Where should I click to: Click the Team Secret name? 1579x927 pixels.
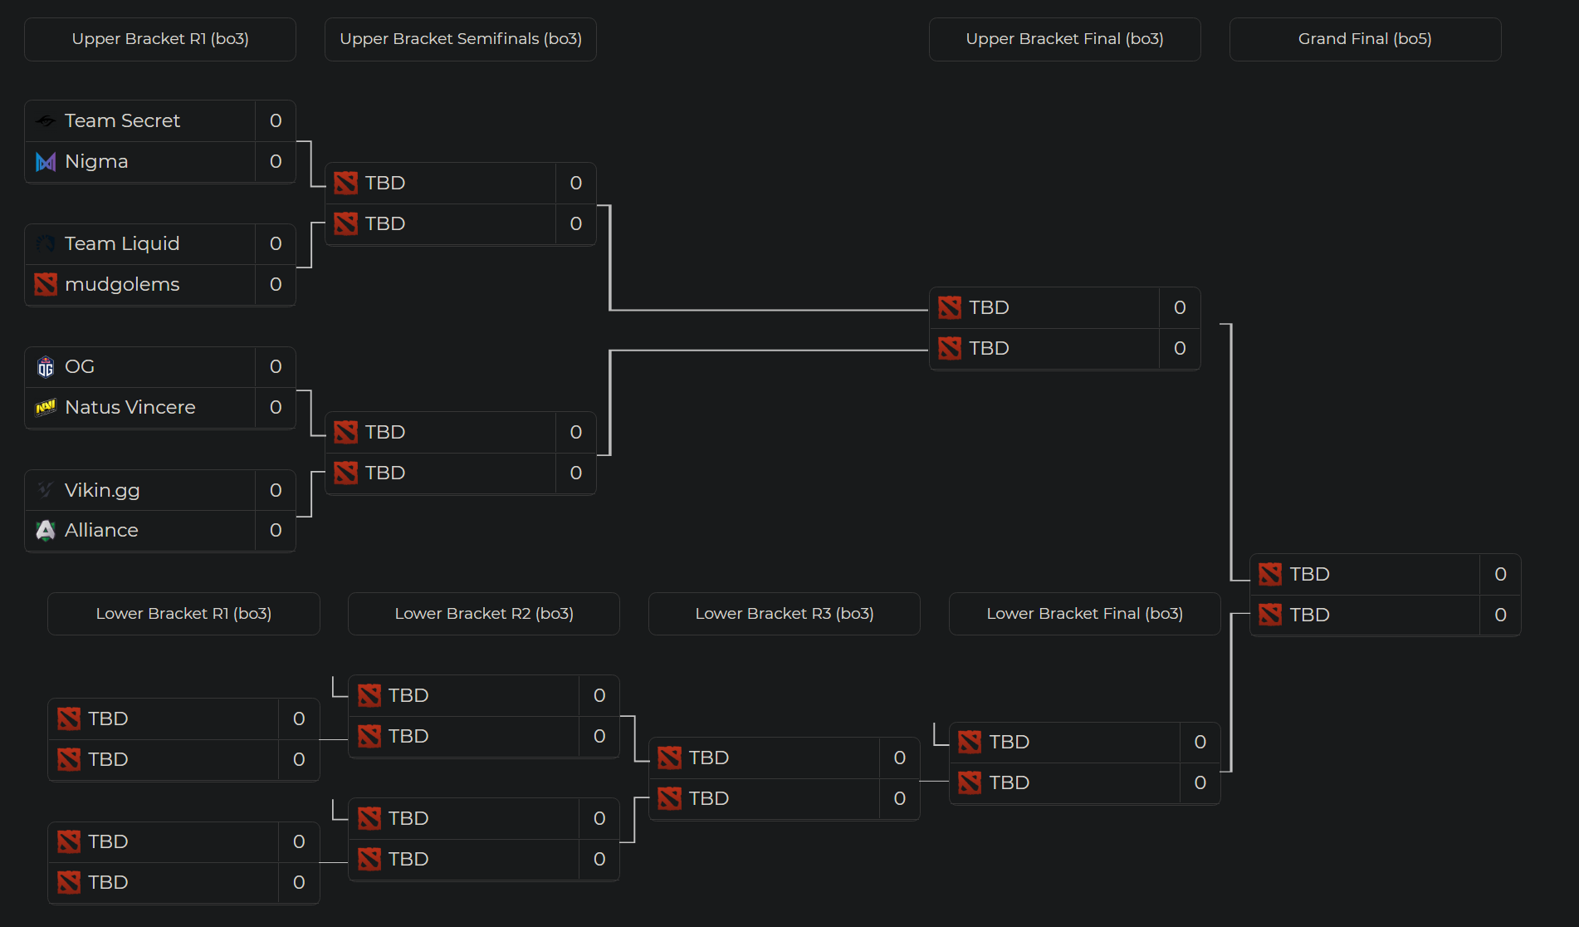122,120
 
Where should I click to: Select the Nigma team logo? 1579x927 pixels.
46,162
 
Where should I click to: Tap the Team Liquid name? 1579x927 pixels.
122,243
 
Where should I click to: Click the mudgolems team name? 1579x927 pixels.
122,284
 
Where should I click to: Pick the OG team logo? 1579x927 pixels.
46,366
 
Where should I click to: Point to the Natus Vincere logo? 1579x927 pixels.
46,407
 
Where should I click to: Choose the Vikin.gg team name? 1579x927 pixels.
102,490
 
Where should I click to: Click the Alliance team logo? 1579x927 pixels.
46,530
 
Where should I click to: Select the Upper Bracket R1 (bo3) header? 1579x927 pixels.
160,39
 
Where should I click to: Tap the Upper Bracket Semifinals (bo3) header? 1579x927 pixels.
461,39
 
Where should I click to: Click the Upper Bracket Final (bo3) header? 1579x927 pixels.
1064,39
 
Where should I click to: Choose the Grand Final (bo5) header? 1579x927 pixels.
1365,39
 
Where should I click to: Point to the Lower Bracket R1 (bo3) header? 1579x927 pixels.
183,614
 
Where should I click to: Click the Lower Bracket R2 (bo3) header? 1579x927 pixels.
484,614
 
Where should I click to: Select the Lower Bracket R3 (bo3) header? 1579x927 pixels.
785,614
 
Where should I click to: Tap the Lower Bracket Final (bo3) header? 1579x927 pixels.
1084,614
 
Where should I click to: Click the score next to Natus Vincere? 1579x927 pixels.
276,407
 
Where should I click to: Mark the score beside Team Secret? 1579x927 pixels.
276,120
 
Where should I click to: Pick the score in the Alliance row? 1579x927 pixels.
276,530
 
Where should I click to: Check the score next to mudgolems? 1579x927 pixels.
276,284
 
